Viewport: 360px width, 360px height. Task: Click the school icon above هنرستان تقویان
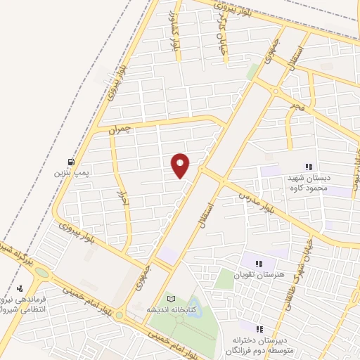259,263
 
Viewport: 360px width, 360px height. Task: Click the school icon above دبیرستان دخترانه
259,328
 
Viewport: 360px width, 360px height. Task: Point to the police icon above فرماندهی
20,288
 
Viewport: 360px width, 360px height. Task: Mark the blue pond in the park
192,307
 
